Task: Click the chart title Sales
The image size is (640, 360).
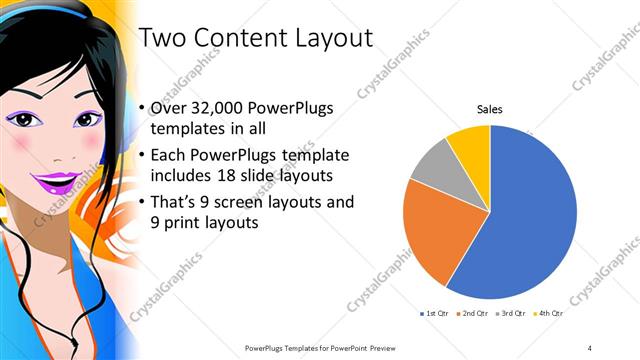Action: point(489,108)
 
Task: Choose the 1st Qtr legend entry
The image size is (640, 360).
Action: point(433,314)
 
